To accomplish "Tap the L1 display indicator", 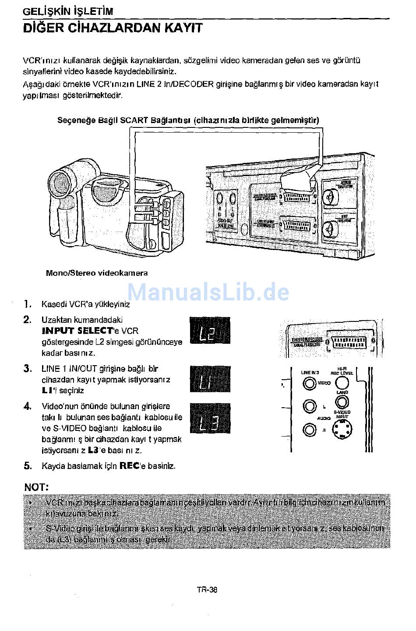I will click(210, 380).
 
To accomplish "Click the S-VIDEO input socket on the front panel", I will click(343, 430).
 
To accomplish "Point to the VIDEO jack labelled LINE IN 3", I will click(309, 384).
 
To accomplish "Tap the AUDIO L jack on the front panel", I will click(309, 407).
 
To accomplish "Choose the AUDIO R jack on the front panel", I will click(309, 430).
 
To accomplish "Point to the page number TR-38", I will click(207, 589).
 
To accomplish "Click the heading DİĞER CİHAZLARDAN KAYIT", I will click(113, 28).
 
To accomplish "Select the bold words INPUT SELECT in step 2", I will click(77, 331).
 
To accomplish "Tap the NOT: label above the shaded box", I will click(36, 487).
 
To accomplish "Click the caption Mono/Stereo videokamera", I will click(97, 273).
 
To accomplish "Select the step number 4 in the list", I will click(28, 407).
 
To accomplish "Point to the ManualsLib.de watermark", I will click(208, 292).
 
